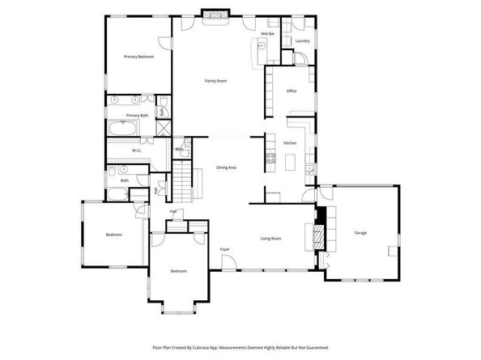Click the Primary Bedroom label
[138, 57]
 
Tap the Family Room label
[215, 81]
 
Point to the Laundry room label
[303, 40]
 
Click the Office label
[292, 91]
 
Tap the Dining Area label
[227, 167]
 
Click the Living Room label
[270, 239]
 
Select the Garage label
[360, 233]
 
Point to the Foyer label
[225, 249]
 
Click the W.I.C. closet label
[138, 150]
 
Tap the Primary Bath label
[138, 116]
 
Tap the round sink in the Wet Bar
[263, 47]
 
